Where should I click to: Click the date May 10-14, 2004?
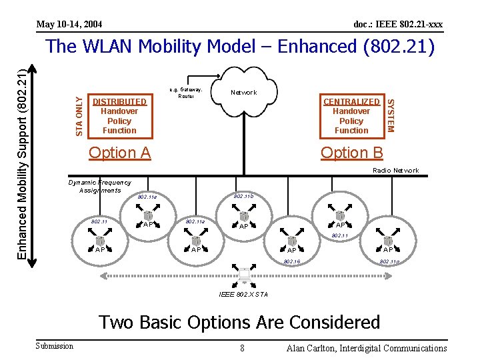pos(69,25)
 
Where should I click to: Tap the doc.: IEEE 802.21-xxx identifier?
pos(398,25)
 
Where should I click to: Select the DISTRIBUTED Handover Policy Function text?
pos(119,116)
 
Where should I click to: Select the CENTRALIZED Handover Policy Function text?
pos(351,116)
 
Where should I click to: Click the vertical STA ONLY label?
pos(79,116)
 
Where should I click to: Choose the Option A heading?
pos(120,153)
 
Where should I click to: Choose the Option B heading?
pos(351,153)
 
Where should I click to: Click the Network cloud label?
pos(243,93)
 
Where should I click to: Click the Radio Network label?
pos(396,171)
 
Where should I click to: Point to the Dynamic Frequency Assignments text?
pos(100,186)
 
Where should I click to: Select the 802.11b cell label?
pos(243,196)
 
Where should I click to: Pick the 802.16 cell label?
pos(292,261)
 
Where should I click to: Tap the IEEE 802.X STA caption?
pos(245,294)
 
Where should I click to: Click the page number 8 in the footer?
pos(242,348)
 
